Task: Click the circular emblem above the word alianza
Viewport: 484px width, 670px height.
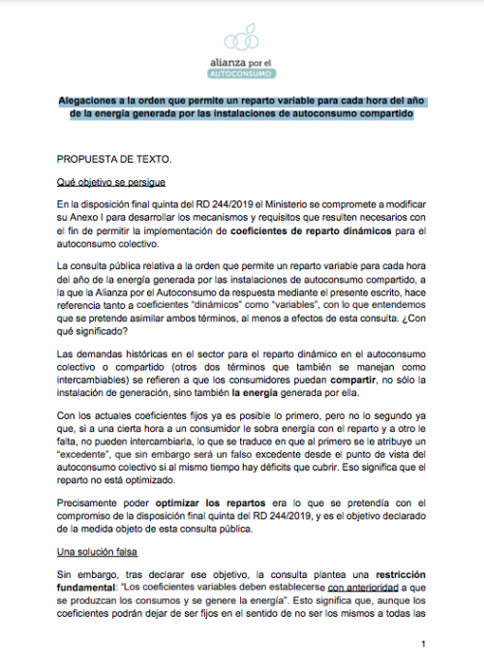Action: click(x=241, y=39)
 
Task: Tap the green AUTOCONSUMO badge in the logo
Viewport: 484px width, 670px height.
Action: click(x=241, y=72)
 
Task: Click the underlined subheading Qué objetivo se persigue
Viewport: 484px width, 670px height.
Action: click(x=111, y=182)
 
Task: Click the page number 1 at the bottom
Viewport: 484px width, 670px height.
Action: click(x=424, y=644)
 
